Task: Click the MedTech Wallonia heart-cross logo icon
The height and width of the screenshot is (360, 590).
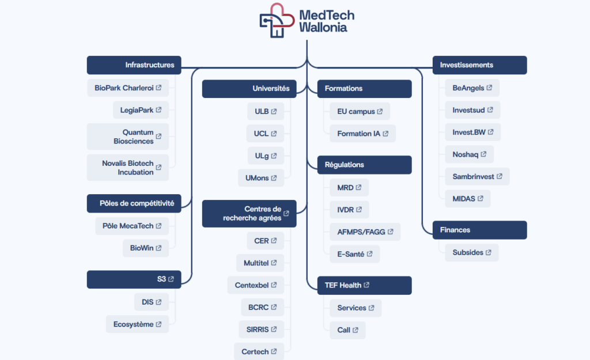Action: pyautogui.click(x=277, y=20)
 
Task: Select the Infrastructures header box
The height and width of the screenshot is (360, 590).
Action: pyautogui.click(x=134, y=65)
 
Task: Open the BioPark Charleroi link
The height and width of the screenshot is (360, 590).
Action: pyautogui.click(x=128, y=88)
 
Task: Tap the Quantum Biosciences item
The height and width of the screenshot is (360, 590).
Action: pyautogui.click(x=128, y=137)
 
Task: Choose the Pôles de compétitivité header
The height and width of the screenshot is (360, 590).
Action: pyautogui.click(x=134, y=203)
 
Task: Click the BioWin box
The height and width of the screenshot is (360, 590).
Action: pyautogui.click(x=146, y=248)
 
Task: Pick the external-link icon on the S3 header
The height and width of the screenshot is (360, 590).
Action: pyautogui.click(x=171, y=279)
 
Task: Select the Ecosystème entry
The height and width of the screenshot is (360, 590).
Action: pyautogui.click(x=137, y=324)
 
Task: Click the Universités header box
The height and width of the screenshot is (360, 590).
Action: pyautogui.click(x=249, y=89)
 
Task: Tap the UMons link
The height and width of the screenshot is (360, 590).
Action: pyautogui.click(x=261, y=178)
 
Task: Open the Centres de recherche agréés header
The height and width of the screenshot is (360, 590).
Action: pyautogui.click(x=249, y=214)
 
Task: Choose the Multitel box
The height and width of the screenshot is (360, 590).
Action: pyautogui.click(x=260, y=263)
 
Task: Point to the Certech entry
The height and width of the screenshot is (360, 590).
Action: pyautogui.click(x=259, y=352)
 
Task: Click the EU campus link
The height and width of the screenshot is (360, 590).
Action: pyautogui.click(x=360, y=111)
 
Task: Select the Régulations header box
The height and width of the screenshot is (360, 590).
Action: pyautogui.click(x=365, y=165)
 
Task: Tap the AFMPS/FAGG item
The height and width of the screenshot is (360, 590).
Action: pyautogui.click(x=365, y=232)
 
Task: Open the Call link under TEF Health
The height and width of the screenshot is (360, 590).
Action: pyautogui.click(x=347, y=330)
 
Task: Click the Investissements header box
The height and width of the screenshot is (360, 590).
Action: pyautogui.click(x=480, y=65)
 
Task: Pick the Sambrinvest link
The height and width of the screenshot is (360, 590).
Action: pyautogui.click(x=477, y=176)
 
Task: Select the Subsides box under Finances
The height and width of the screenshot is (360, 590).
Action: pyautogui.click(x=472, y=252)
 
